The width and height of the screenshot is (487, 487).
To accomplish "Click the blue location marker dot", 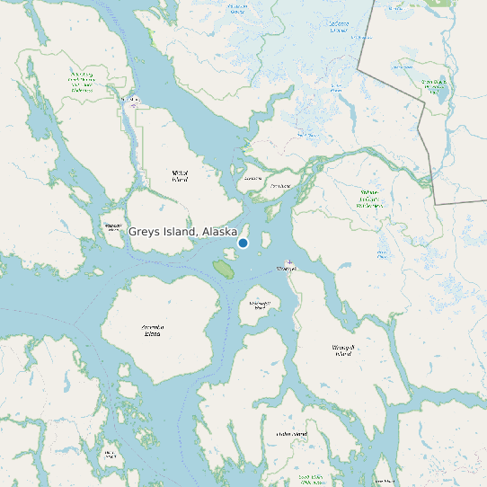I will tap(243, 243).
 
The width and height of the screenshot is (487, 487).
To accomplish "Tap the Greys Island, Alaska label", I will tap(182, 232).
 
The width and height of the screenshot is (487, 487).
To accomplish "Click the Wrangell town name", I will tap(287, 269).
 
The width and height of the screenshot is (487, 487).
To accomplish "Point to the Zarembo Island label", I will tap(154, 330).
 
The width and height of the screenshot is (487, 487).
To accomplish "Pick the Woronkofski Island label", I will tap(259, 305).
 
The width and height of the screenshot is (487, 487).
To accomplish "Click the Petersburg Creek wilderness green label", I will tap(82, 83).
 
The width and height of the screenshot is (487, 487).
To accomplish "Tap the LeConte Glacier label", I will tap(339, 27).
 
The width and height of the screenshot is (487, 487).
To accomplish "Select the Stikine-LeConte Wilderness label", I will tap(369, 199).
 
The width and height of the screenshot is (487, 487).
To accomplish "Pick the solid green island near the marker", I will tap(222, 267).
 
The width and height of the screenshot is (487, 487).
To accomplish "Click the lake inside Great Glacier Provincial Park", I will tap(441, 92).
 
